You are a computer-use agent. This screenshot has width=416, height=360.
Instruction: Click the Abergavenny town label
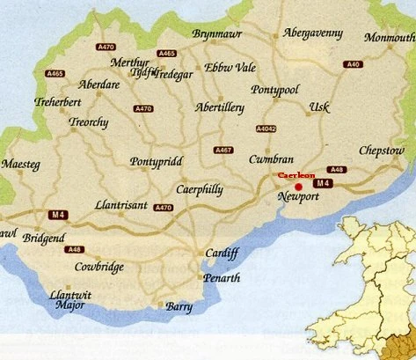click(312, 33)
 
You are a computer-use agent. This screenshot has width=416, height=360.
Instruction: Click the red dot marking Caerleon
click(299, 187)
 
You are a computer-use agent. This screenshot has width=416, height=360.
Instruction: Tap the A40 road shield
click(354, 64)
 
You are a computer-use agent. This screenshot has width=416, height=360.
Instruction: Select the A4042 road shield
click(266, 129)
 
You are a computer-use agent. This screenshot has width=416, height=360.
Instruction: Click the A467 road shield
click(223, 151)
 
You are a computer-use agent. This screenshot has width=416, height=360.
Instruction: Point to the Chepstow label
click(382, 151)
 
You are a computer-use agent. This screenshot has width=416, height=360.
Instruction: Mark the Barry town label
click(179, 306)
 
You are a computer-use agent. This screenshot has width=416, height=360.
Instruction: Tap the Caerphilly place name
click(200, 189)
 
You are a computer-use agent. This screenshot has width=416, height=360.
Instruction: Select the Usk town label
click(319, 107)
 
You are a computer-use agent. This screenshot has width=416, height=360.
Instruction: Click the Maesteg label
click(21, 165)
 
